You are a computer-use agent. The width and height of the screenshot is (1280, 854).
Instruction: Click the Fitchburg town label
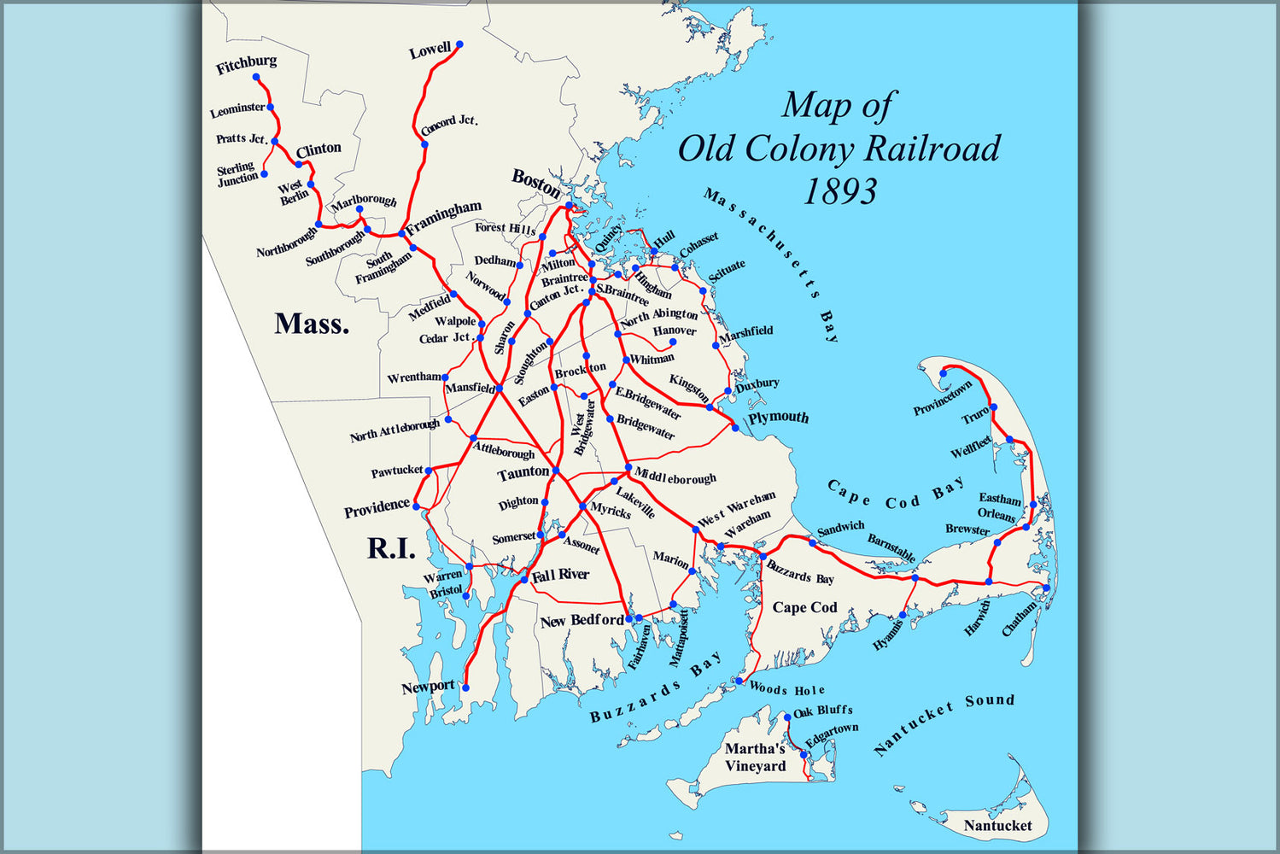pyautogui.click(x=246, y=64)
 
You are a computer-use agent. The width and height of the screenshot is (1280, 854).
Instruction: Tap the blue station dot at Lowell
pyautogui.click(x=459, y=44)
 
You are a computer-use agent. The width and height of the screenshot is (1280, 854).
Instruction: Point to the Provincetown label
pyautogui.click(x=943, y=398)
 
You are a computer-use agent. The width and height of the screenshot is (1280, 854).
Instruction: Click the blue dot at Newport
pyautogui.click(x=466, y=687)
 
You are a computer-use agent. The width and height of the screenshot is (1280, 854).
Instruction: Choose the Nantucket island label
pyautogui.click(x=997, y=826)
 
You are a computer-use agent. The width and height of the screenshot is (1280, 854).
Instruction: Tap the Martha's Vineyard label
pyautogui.click(x=755, y=757)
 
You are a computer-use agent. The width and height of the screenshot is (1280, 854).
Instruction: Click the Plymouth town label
pyautogui.click(x=778, y=418)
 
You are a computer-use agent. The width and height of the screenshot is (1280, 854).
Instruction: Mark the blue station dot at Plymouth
pyautogui.click(x=735, y=427)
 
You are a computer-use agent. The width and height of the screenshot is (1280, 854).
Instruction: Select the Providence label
pyautogui.click(x=377, y=507)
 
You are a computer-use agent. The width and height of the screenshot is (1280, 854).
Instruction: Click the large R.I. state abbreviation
pyautogui.click(x=391, y=548)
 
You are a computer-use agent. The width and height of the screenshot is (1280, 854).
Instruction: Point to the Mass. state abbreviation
pyautogui.click(x=312, y=324)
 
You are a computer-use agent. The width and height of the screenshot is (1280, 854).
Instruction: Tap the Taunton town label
pyautogui.click(x=523, y=472)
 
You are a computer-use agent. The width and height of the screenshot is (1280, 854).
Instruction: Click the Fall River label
pyautogui.click(x=560, y=576)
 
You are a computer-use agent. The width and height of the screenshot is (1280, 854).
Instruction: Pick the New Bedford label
pyautogui.click(x=582, y=621)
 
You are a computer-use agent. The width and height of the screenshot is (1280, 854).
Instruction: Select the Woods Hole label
pyautogui.click(x=786, y=690)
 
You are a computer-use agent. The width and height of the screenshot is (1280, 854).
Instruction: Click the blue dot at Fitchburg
pyautogui.click(x=256, y=78)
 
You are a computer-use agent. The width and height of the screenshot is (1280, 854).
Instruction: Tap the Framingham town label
pyautogui.click(x=444, y=218)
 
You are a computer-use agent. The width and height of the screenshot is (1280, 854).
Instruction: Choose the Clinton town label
pyautogui.click(x=319, y=149)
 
